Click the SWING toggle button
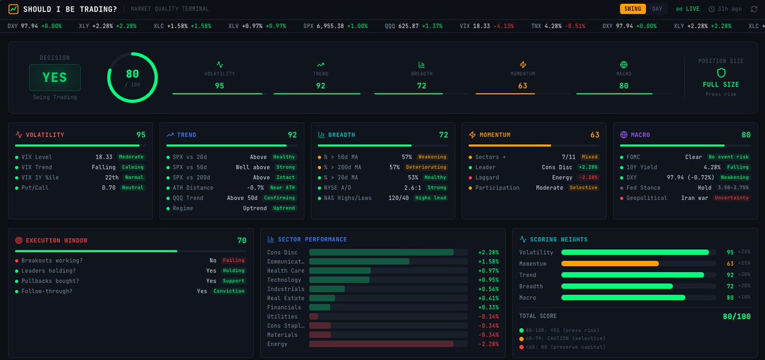pyautogui.click(x=633, y=9)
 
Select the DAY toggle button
pyautogui.click(x=657, y=9)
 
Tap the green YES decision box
pyautogui.click(x=55, y=77)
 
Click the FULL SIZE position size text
pyautogui.click(x=720, y=84)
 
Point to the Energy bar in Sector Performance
pyautogui.click(x=381, y=344)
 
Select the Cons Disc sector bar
pyautogui.click(x=381, y=252)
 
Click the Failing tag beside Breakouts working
pyautogui.click(x=233, y=261)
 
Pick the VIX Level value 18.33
pyautogui.click(x=104, y=157)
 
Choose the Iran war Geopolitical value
pyautogui.click(x=693, y=198)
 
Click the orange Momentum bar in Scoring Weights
pyautogui.click(x=609, y=263)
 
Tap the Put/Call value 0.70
pyautogui.click(x=110, y=187)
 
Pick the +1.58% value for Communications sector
pyautogui.click(x=489, y=261)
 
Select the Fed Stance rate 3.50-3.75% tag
pyautogui.click(x=732, y=187)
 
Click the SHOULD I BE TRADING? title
pyautogui.click(x=70, y=9)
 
